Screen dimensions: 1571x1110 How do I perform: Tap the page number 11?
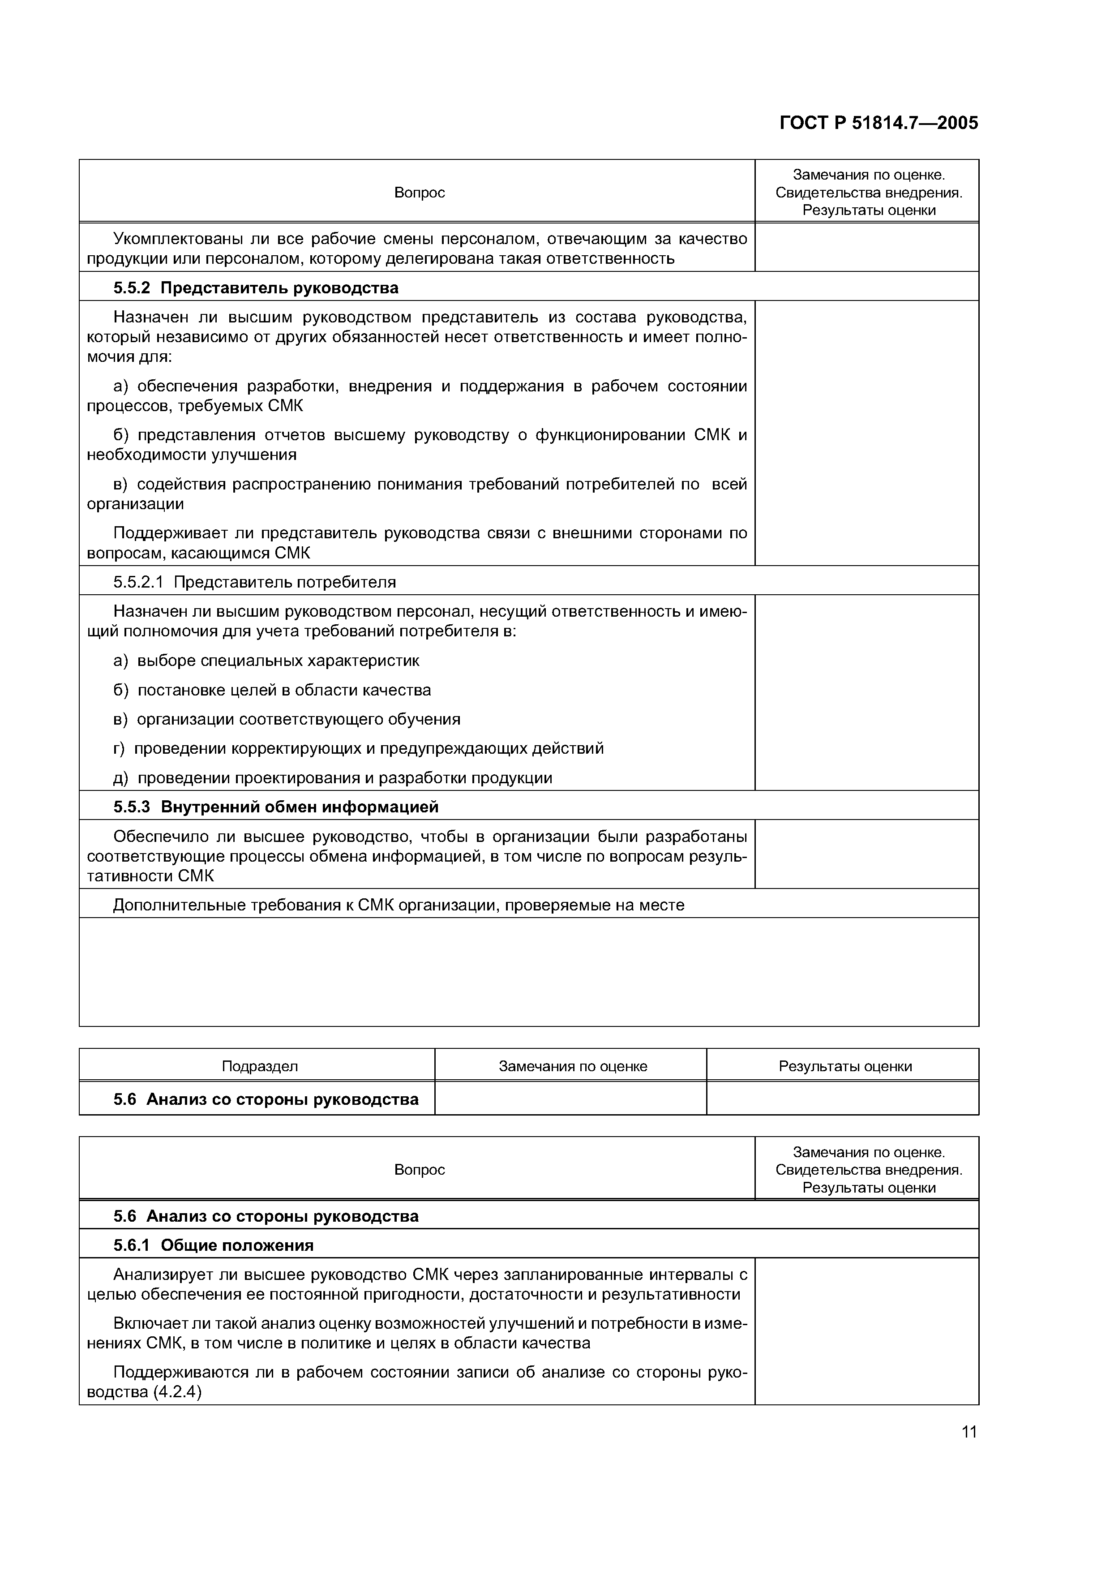point(969,1432)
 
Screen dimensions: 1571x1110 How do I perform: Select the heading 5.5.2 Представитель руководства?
point(256,288)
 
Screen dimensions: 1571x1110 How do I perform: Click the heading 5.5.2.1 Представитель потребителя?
point(254,582)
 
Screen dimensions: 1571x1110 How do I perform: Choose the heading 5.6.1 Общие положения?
point(214,1246)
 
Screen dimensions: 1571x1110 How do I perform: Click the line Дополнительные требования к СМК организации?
point(398,905)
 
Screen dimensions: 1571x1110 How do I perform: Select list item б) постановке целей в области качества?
point(272,691)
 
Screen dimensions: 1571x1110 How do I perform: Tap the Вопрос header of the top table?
point(419,193)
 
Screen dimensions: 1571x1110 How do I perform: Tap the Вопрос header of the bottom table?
point(419,1171)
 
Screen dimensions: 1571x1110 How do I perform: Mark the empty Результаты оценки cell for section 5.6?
point(843,1099)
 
